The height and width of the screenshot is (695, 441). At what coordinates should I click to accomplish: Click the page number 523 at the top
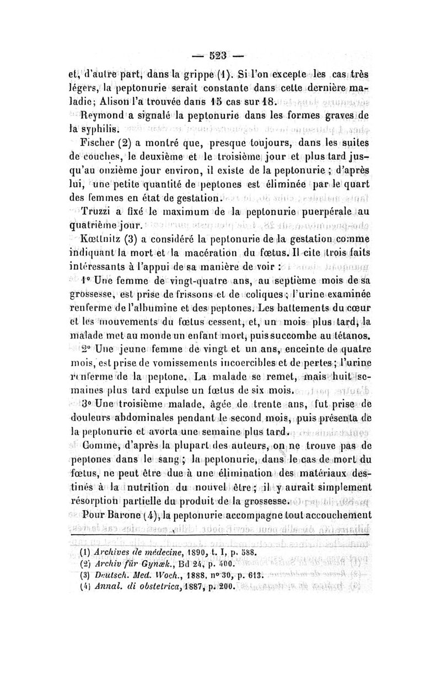[x=220, y=56]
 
